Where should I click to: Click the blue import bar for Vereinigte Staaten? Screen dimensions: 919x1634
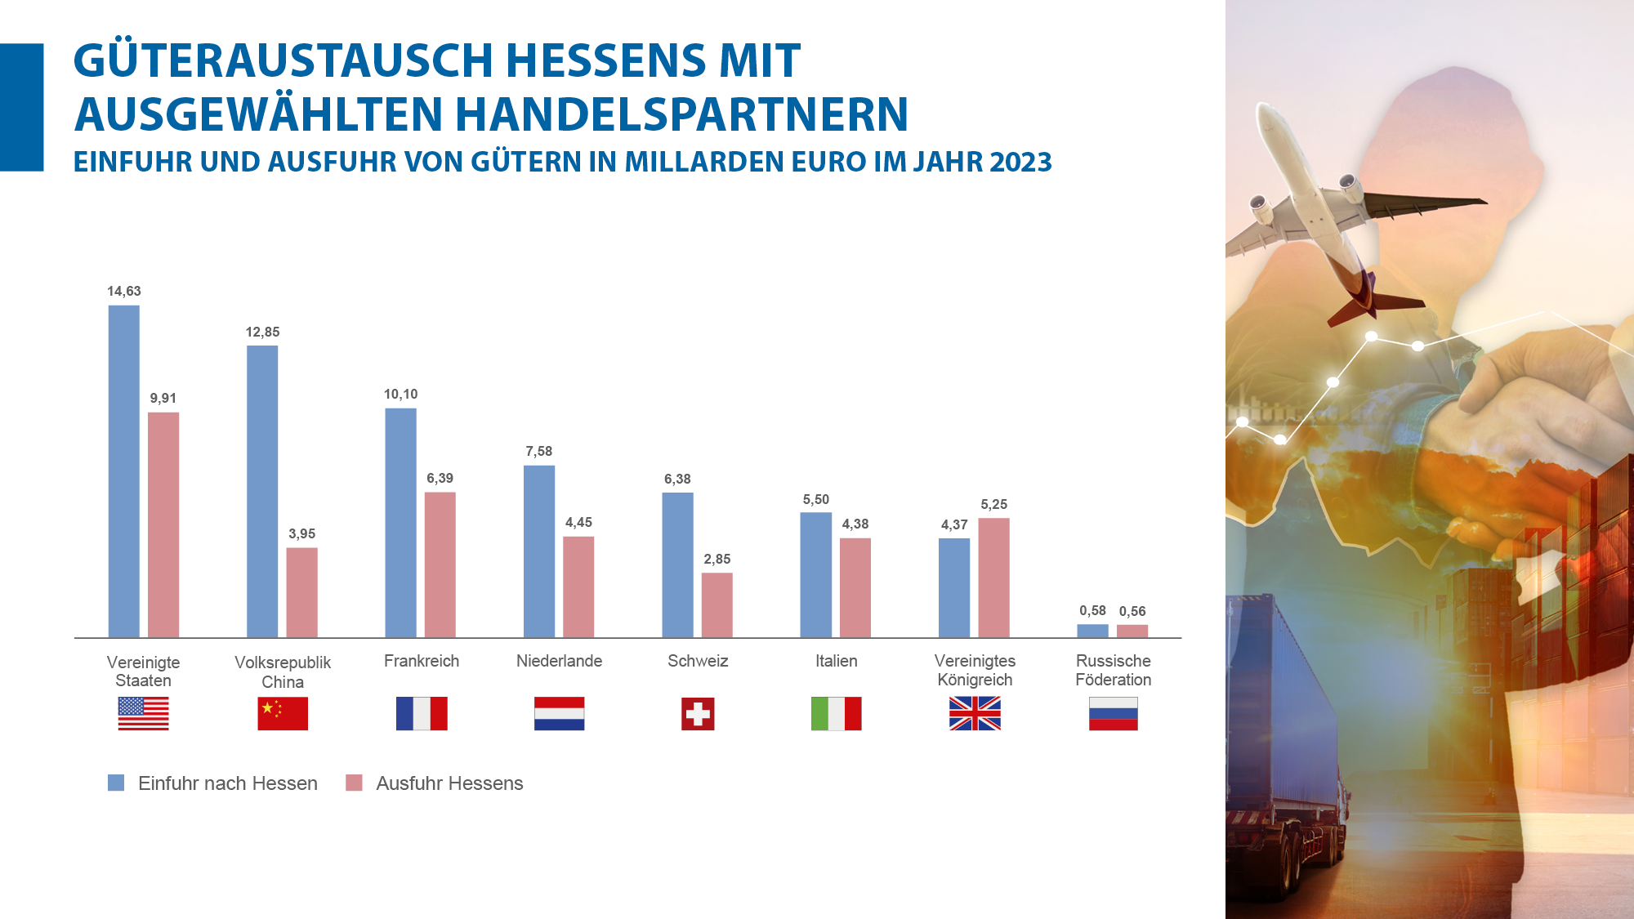pyautogui.click(x=123, y=471)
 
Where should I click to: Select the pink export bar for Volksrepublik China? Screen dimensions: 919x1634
pyautogui.click(x=301, y=592)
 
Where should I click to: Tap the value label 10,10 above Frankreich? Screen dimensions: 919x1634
pyautogui.click(x=400, y=395)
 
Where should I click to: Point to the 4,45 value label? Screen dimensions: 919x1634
pyautogui.click(x=578, y=523)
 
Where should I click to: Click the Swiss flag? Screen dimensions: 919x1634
pyautogui.click(x=698, y=714)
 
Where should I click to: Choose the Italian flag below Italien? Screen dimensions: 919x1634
pyautogui.click(x=836, y=714)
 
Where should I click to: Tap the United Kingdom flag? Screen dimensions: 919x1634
pyautogui.click(x=975, y=714)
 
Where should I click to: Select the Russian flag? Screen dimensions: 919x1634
pyautogui.click(x=1113, y=714)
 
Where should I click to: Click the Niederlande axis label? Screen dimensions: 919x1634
pyautogui.click(x=559, y=661)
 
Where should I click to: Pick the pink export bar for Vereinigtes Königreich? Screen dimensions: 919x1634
pyautogui.click(x=993, y=578)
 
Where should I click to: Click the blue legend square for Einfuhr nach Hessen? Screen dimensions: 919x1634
pyautogui.click(x=116, y=783)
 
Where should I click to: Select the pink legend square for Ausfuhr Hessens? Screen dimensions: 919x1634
pyautogui.click(x=354, y=783)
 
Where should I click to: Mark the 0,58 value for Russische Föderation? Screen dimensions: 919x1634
pyautogui.click(x=1092, y=611)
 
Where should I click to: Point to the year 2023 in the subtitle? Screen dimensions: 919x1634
pyautogui.click(x=1020, y=162)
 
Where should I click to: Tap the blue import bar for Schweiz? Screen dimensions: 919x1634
pyautogui.click(x=677, y=564)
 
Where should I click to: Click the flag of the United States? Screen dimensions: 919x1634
pyautogui.click(x=143, y=714)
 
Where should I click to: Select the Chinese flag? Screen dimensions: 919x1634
pyautogui.click(x=283, y=714)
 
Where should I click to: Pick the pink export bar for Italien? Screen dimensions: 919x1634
pyautogui.click(x=855, y=587)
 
